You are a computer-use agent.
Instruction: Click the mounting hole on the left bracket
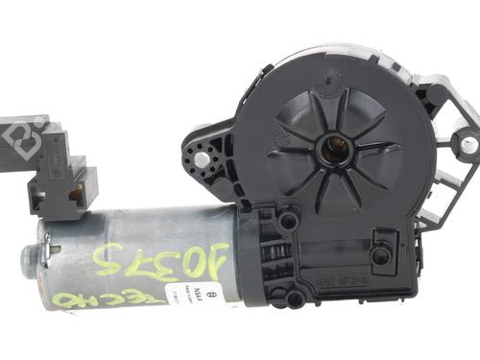coord(202,152)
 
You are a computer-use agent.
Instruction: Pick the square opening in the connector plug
coord(74,194)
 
